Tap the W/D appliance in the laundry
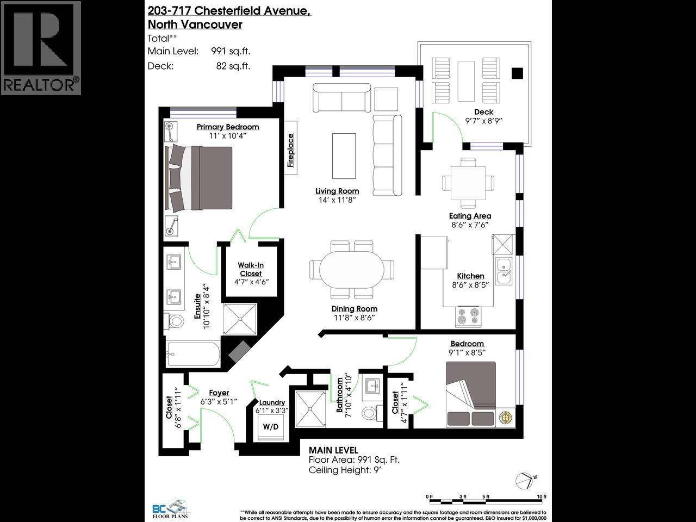[x=270, y=427]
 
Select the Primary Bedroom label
[x=227, y=127]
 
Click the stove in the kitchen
[x=469, y=316]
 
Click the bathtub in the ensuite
[x=193, y=355]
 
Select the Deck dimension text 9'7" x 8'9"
[x=483, y=121]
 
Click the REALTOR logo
[x=41, y=48]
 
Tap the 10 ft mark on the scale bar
[x=542, y=496]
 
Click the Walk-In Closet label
[x=250, y=269]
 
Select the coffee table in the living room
[x=344, y=155]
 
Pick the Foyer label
[x=219, y=393]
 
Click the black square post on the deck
[x=517, y=72]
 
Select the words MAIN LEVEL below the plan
[x=333, y=450]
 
